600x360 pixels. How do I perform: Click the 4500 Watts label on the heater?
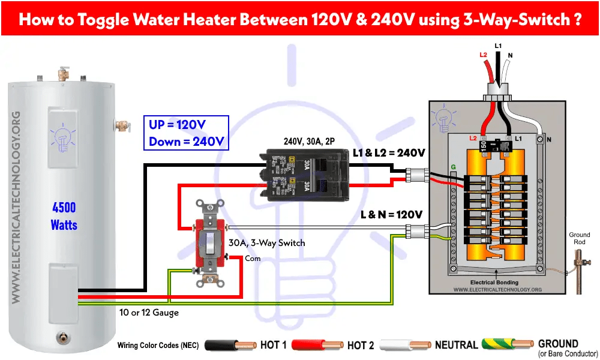pos(64,216)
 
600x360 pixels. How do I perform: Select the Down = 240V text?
pos(187,142)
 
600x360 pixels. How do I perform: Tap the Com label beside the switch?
pos(253,258)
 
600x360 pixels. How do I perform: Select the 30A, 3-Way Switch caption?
pos(266,243)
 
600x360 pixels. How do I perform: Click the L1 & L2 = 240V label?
pos(389,153)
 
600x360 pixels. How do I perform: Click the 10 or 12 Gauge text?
pos(147,313)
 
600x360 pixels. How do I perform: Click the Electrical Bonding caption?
pos(495,282)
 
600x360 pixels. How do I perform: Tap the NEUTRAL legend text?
pos(456,345)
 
